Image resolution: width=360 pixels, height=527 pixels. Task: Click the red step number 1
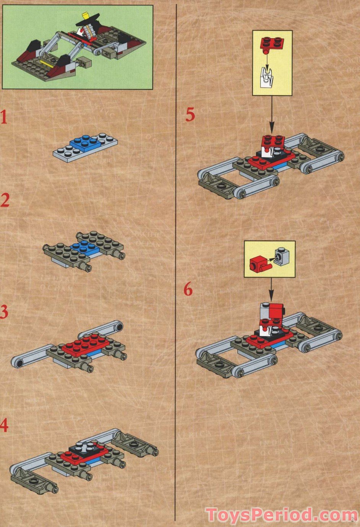[4, 117]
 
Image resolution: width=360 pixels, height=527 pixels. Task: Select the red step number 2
[5, 201]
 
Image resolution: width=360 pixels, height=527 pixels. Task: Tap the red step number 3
[4, 312]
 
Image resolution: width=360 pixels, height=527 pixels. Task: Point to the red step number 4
[4, 425]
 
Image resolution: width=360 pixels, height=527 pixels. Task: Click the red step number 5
[190, 115]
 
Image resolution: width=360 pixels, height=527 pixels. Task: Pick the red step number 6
[188, 290]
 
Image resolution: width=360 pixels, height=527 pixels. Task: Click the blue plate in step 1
[87, 143]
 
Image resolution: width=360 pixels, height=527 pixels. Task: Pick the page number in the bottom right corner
[354, 520]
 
